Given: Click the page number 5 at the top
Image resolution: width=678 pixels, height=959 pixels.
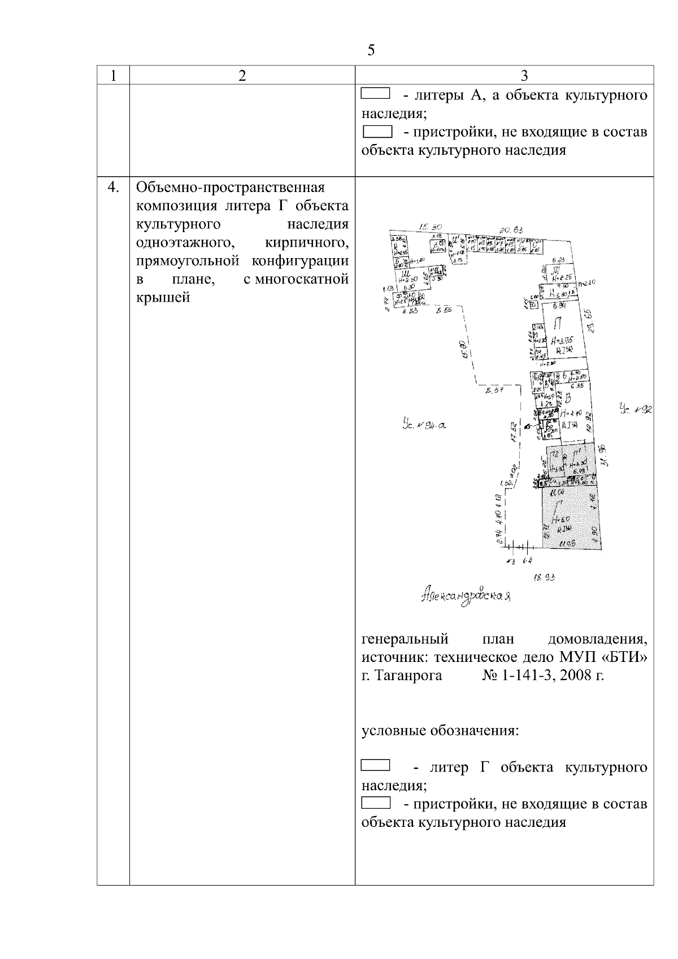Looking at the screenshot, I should (371, 51).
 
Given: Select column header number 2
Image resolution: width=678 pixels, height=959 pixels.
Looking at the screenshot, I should (242, 76).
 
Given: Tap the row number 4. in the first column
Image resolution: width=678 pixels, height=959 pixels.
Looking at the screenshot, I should (114, 188).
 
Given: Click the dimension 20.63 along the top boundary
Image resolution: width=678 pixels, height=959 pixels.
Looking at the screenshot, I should (511, 230).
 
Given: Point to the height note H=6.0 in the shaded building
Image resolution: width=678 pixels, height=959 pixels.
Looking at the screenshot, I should (563, 520).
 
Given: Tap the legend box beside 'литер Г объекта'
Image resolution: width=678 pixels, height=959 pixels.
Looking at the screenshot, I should (376, 766).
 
